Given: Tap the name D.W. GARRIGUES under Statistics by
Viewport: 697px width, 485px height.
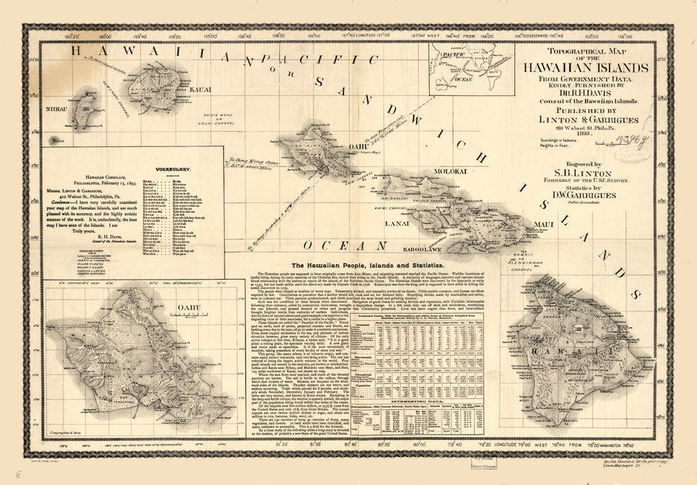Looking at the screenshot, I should pos(575,196).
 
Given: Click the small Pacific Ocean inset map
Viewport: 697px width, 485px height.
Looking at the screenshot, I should pos(464,67).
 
